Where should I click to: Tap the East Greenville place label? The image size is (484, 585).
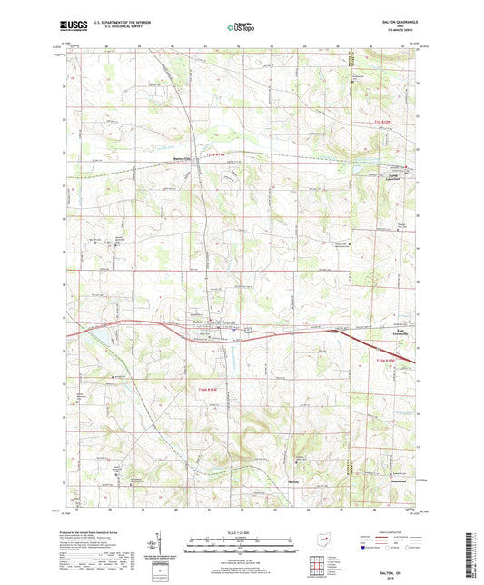point(400,332)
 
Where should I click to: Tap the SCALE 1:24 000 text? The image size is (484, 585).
point(242,531)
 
